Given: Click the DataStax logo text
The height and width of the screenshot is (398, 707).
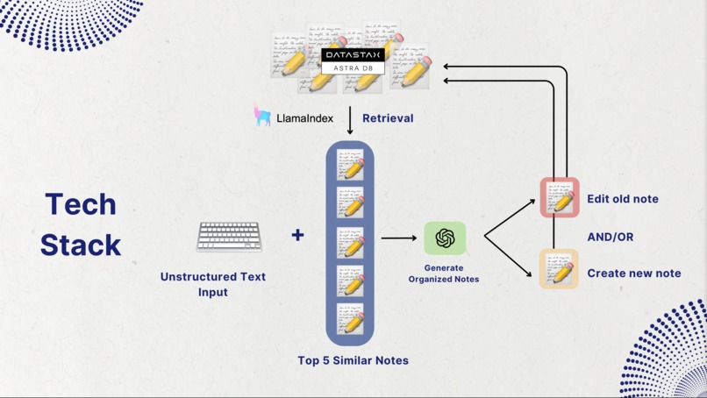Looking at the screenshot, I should (x=353, y=55).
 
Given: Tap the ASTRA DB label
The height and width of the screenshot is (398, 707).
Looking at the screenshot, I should (x=353, y=68).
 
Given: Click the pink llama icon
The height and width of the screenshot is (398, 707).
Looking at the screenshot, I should (x=262, y=116).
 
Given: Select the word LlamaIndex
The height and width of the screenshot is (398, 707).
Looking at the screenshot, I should (x=304, y=118).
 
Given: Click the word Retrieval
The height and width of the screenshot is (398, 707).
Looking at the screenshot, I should (x=388, y=118).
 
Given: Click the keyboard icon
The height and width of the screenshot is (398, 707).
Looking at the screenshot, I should (x=229, y=236).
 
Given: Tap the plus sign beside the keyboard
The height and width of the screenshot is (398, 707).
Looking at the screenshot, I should (x=298, y=235).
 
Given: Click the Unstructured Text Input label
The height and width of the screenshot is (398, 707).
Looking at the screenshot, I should (x=213, y=284).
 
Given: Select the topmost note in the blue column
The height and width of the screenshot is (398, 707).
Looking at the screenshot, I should (x=351, y=166).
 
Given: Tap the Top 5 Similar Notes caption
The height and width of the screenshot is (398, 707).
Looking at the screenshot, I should (x=353, y=360).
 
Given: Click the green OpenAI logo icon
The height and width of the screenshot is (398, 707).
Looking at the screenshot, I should (x=445, y=238).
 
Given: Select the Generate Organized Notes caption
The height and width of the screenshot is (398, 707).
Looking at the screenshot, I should (x=444, y=274).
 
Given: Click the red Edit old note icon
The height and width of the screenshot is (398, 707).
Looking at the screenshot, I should (x=560, y=198).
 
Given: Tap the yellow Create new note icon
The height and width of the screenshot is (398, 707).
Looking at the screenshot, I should (x=559, y=268).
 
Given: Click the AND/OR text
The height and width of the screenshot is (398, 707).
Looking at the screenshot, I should (x=611, y=237).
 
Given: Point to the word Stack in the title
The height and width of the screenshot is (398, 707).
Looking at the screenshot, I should (x=81, y=245).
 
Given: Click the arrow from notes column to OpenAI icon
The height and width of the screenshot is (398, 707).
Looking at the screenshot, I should (x=399, y=238).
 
